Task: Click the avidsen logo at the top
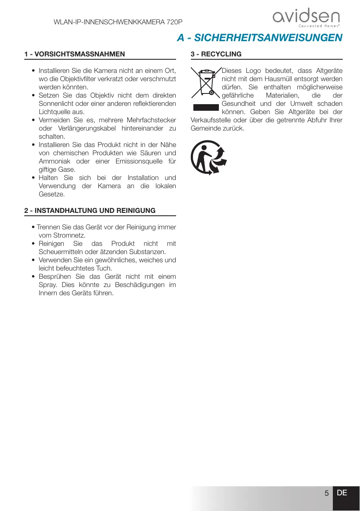tap(306, 19)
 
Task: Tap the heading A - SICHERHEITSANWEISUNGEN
tap(260, 38)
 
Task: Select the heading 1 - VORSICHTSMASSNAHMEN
tap(74, 54)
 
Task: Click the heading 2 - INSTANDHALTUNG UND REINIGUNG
tap(90, 210)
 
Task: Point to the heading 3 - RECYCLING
tap(216, 54)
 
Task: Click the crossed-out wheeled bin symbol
tap(205, 83)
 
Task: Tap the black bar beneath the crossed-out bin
tap(205, 107)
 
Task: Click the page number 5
tap(326, 493)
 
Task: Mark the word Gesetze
tap(51, 194)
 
